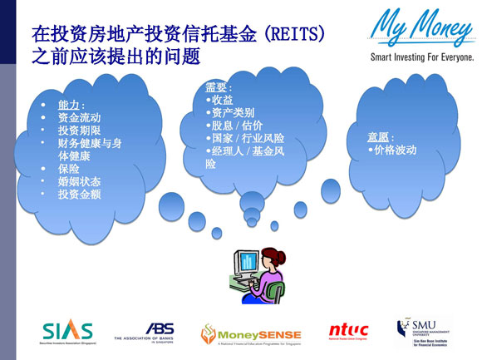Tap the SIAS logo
[68, 330]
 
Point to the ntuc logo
[347, 331]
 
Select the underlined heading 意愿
[379, 136]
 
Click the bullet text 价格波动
[395, 150]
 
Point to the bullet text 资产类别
[233, 112]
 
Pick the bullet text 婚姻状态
[79, 180]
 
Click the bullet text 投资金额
[79, 194]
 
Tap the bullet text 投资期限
[79, 131]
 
